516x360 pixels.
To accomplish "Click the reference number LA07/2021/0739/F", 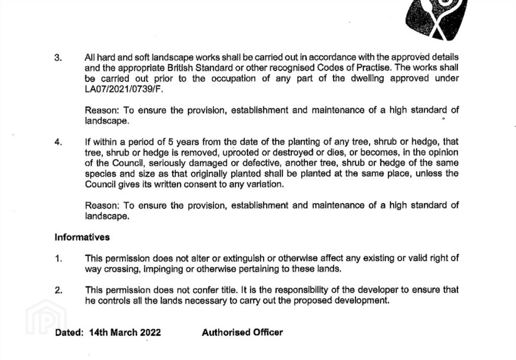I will click(x=124, y=89).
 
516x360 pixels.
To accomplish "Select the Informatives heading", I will click(x=82, y=237).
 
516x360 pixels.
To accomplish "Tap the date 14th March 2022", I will click(x=125, y=333).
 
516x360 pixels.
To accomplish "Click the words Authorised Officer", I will click(x=242, y=332).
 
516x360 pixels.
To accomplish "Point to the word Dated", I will click(x=69, y=333).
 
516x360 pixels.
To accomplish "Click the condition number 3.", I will click(x=58, y=58).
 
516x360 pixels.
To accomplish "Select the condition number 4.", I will click(x=58, y=142).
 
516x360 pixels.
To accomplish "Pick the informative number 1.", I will click(x=58, y=259).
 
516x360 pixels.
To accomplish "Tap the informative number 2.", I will click(x=58, y=290).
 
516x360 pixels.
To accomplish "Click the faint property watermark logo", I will click(x=46, y=317).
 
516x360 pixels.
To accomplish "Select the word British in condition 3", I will click(x=180, y=68).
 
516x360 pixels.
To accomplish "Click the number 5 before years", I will click(x=170, y=142).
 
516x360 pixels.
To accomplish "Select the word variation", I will click(x=265, y=184).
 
